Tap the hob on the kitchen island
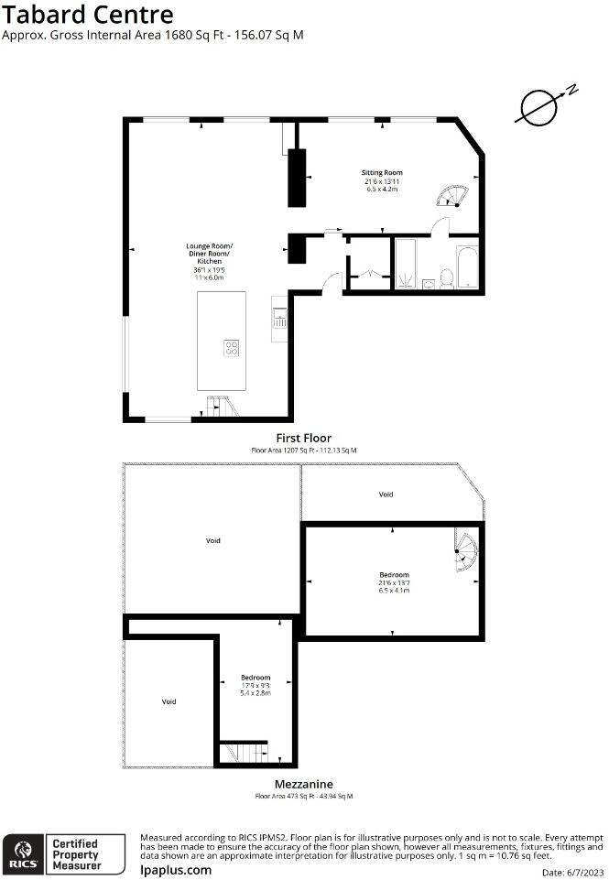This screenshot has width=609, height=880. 232,348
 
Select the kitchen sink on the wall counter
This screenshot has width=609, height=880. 278,318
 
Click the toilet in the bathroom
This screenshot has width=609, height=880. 447,277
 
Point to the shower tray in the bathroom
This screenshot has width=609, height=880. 406,264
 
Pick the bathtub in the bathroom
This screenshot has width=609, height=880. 467,266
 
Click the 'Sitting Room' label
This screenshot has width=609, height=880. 382,172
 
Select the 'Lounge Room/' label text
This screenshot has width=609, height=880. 210,246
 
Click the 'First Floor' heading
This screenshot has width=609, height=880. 304,438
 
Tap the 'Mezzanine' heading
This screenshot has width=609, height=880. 303,784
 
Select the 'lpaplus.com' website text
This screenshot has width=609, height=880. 175,870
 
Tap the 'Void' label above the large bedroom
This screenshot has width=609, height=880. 386,494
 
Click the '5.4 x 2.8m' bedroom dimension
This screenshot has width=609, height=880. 256,693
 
